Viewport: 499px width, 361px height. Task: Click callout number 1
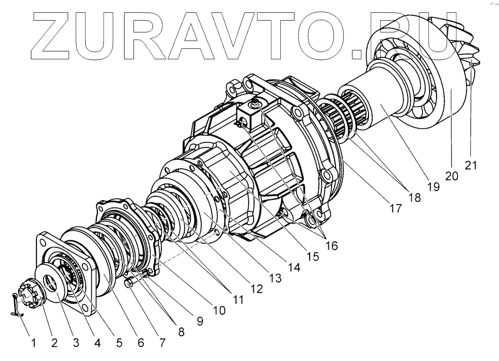34,343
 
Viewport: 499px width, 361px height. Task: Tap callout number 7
162,343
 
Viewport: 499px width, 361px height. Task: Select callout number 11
238,300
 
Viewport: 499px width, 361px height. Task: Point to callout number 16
331,245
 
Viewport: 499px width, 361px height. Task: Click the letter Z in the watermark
54,32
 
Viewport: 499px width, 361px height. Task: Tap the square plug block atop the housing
251,115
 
